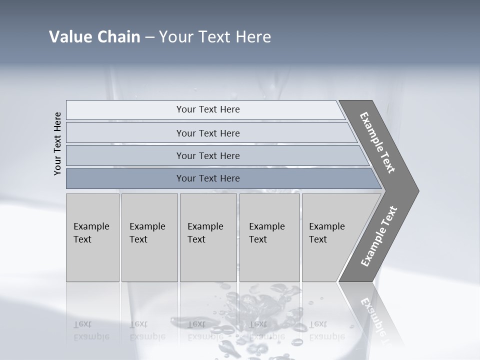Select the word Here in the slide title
point(252,37)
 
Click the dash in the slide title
point(149,37)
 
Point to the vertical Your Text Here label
point(57,143)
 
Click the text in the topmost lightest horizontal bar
point(208,109)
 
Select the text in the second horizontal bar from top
point(208,133)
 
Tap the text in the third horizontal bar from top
point(208,155)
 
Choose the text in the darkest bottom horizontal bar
point(208,178)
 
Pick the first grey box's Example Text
point(91,232)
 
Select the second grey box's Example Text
point(147,232)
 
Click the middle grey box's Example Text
point(205,232)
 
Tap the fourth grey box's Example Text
point(266,232)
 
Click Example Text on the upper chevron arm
point(378,142)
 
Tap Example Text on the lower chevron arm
point(379,236)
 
